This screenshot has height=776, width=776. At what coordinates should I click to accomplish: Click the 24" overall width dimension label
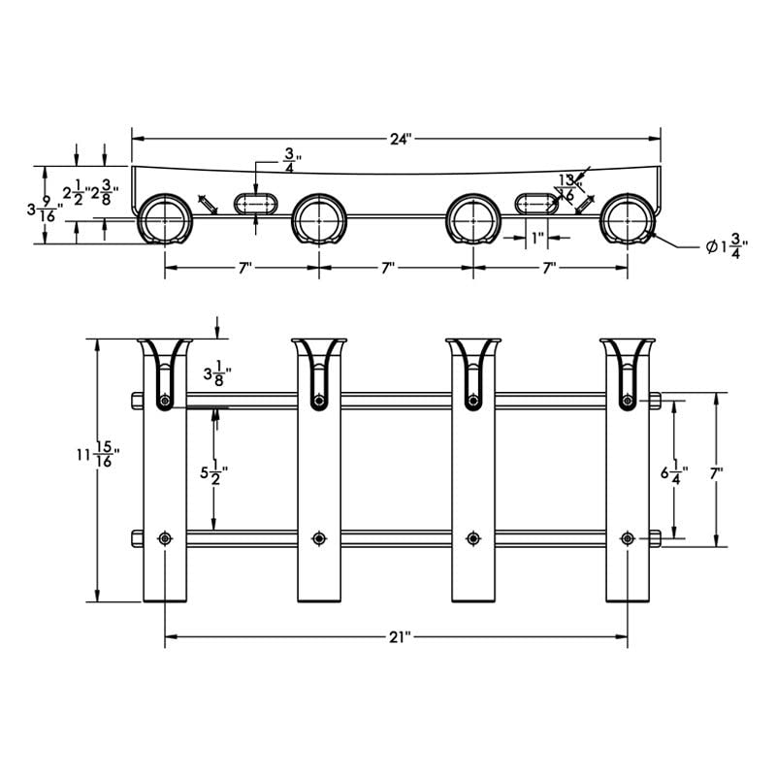401,139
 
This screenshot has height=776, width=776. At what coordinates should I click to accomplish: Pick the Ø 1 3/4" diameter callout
726,246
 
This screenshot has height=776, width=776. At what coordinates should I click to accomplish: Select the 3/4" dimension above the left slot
290,159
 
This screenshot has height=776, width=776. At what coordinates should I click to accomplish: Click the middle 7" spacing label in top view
388,268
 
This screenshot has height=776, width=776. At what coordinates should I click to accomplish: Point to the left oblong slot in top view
256,204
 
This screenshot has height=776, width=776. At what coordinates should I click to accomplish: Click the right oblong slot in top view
535,204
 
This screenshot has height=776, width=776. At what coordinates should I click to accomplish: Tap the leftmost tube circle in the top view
164,220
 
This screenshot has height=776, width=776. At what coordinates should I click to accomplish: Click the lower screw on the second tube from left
318,538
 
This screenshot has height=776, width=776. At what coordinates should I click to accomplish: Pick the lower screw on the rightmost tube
628,538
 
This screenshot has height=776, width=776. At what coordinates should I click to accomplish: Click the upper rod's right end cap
656,400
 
